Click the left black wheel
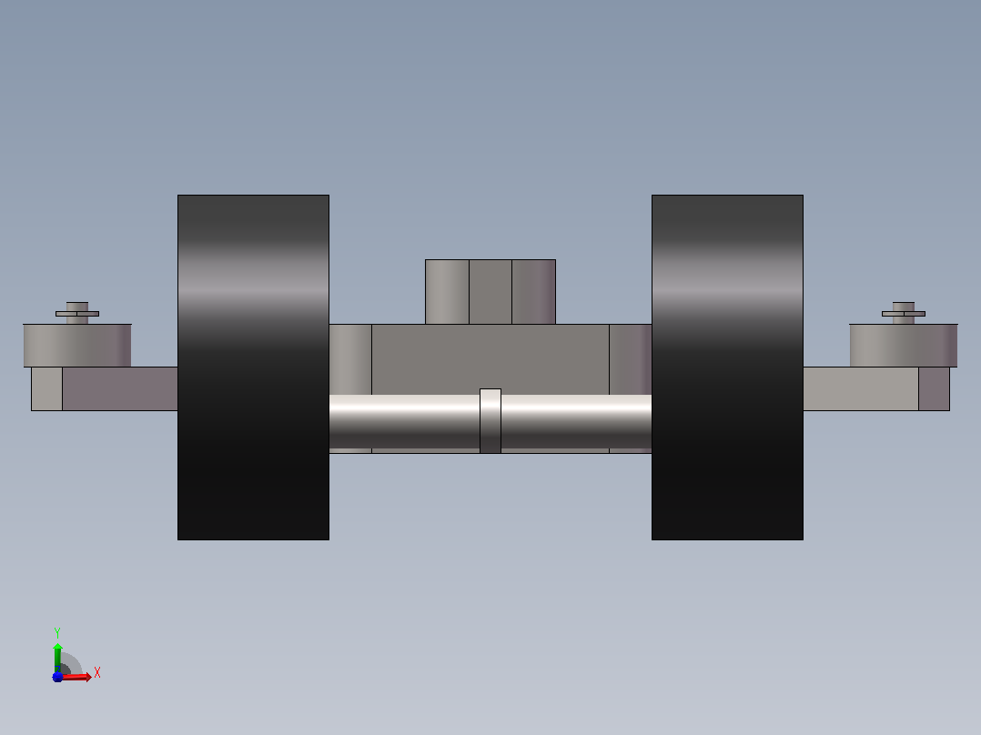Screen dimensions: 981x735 (x=253, y=367)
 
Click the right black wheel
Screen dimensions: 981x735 (x=727, y=367)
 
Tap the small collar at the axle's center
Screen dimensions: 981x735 (x=490, y=421)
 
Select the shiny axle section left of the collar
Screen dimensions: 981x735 (x=404, y=421)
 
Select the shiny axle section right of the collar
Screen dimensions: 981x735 (x=576, y=421)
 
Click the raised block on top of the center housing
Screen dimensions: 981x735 (x=490, y=291)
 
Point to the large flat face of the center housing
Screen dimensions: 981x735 (x=490, y=359)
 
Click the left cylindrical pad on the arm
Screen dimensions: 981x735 (x=77, y=346)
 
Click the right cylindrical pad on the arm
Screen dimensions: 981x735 (x=904, y=346)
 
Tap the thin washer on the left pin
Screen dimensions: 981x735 (x=77, y=314)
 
